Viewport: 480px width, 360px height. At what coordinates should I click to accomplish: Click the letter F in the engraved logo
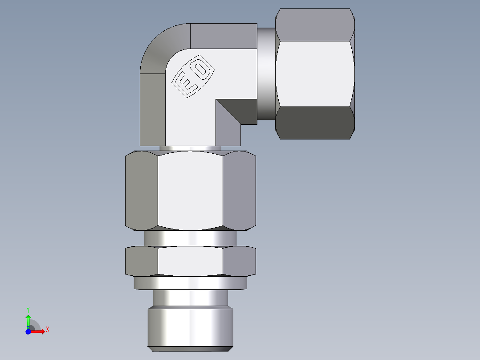tap(183, 83)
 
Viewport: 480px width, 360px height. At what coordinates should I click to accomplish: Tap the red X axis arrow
tap(41, 331)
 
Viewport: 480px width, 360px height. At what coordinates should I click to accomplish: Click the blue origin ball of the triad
tap(28, 331)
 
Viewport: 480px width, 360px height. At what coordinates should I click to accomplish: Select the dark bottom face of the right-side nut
tap(314, 123)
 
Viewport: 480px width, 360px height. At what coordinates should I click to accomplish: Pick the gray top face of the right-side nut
tap(314, 25)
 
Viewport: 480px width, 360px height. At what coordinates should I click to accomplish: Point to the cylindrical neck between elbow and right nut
tap(266, 74)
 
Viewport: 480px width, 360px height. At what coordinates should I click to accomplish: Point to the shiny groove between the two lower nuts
tap(190, 238)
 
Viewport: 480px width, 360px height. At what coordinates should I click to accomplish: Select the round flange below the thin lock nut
tap(190, 283)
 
